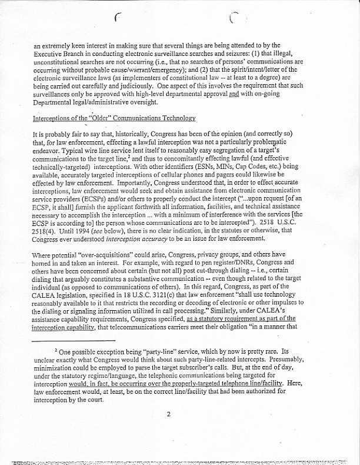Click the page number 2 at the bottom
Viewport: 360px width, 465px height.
[x=168, y=414]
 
